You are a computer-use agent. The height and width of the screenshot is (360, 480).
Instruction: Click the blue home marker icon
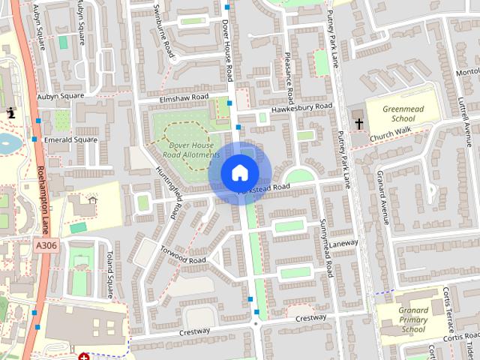tap(239, 172)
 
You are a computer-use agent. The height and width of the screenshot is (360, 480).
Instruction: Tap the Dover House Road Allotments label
tap(192, 149)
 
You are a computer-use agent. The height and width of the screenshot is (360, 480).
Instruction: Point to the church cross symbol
tap(358, 124)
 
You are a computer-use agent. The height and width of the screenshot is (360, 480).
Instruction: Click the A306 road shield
tap(45, 244)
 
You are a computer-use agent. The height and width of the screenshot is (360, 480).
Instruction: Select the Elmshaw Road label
tap(183, 98)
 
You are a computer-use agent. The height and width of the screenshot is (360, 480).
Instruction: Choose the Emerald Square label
tap(70, 139)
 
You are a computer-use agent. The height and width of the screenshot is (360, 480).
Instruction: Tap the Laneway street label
tap(343, 244)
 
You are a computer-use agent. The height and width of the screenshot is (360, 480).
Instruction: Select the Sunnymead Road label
tap(325, 247)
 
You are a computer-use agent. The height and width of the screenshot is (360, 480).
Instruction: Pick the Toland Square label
tap(111, 274)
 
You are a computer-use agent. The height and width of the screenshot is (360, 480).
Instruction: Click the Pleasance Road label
tap(289, 79)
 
